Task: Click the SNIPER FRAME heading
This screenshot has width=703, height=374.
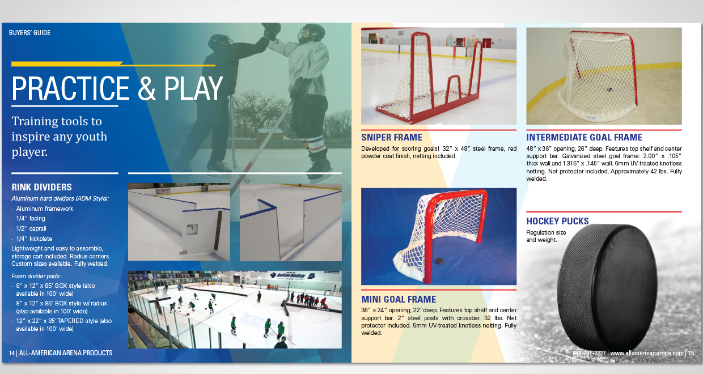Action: click(392, 137)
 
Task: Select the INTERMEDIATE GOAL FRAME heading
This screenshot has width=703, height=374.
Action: click(584, 137)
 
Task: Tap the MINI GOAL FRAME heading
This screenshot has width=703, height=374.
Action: click(399, 299)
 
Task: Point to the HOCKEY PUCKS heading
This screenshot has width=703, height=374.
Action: click(557, 221)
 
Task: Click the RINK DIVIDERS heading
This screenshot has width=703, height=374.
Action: click(41, 187)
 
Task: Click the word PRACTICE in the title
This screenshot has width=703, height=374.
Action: click(70, 88)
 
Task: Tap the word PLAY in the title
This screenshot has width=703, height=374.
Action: click(193, 88)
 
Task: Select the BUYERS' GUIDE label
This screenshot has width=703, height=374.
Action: click(29, 33)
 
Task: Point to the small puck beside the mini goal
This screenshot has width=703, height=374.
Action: click(439, 261)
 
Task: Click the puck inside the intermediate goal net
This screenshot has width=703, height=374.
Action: click(609, 90)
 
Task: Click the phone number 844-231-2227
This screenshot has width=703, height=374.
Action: click(589, 353)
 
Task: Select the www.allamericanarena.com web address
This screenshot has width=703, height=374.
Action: click(647, 353)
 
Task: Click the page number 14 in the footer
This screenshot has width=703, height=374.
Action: click(11, 353)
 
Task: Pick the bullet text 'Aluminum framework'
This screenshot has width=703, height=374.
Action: click(45, 209)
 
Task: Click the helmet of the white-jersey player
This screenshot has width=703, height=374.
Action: click(311, 33)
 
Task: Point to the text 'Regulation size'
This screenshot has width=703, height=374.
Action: click(546, 232)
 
